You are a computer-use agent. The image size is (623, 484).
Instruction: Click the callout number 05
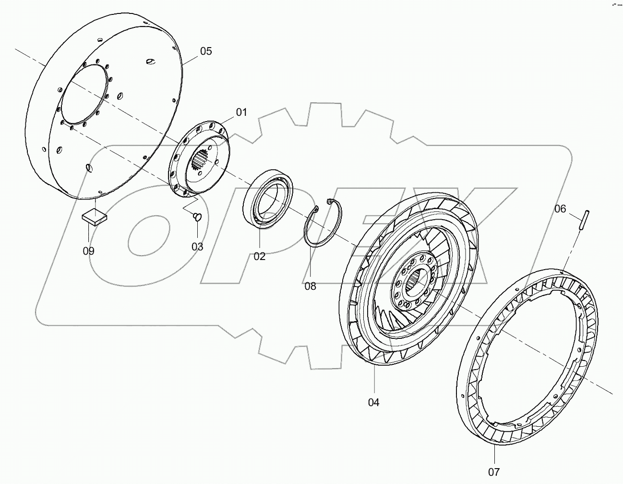click(x=205, y=51)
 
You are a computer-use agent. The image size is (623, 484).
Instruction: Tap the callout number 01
click(x=240, y=112)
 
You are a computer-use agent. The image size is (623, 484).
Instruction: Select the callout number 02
click(x=259, y=256)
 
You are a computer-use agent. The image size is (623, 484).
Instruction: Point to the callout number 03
click(x=197, y=247)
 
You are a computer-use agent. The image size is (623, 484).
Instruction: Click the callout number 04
click(x=373, y=402)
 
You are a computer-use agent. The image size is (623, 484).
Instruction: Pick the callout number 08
click(x=310, y=286)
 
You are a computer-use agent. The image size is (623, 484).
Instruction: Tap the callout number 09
click(x=88, y=250)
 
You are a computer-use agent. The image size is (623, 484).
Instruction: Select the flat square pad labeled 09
click(x=95, y=217)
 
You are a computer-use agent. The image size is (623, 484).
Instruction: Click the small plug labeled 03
click(x=197, y=217)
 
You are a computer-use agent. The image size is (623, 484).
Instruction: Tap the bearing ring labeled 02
click(x=269, y=197)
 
